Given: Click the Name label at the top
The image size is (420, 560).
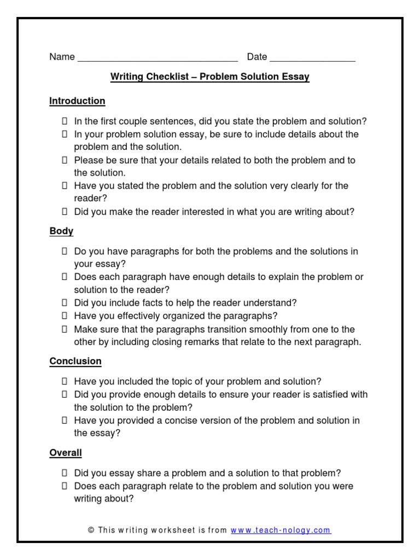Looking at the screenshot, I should (62, 57).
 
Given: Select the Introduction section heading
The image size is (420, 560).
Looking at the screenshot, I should (77, 101).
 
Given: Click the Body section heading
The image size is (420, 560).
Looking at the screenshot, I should (61, 231).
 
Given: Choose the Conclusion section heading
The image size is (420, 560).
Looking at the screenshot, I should (75, 361).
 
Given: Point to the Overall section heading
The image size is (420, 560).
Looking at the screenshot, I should (66, 453).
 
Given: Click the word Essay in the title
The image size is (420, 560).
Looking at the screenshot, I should (296, 77).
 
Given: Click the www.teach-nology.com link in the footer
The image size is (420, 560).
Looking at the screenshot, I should (281, 530).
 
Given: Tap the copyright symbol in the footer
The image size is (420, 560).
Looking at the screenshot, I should (91, 530).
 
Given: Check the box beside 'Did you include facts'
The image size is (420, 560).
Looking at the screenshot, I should (64, 303).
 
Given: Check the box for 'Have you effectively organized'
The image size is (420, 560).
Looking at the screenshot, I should (64, 316).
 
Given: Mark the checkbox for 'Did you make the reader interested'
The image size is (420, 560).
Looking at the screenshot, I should (64, 212).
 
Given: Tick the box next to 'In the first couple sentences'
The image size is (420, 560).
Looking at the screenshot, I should (64, 121).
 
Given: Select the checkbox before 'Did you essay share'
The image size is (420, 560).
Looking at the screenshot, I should (64, 473).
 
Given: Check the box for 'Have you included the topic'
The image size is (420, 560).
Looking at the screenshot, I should (64, 382).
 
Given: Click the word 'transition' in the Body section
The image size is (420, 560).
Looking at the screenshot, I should (229, 329).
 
